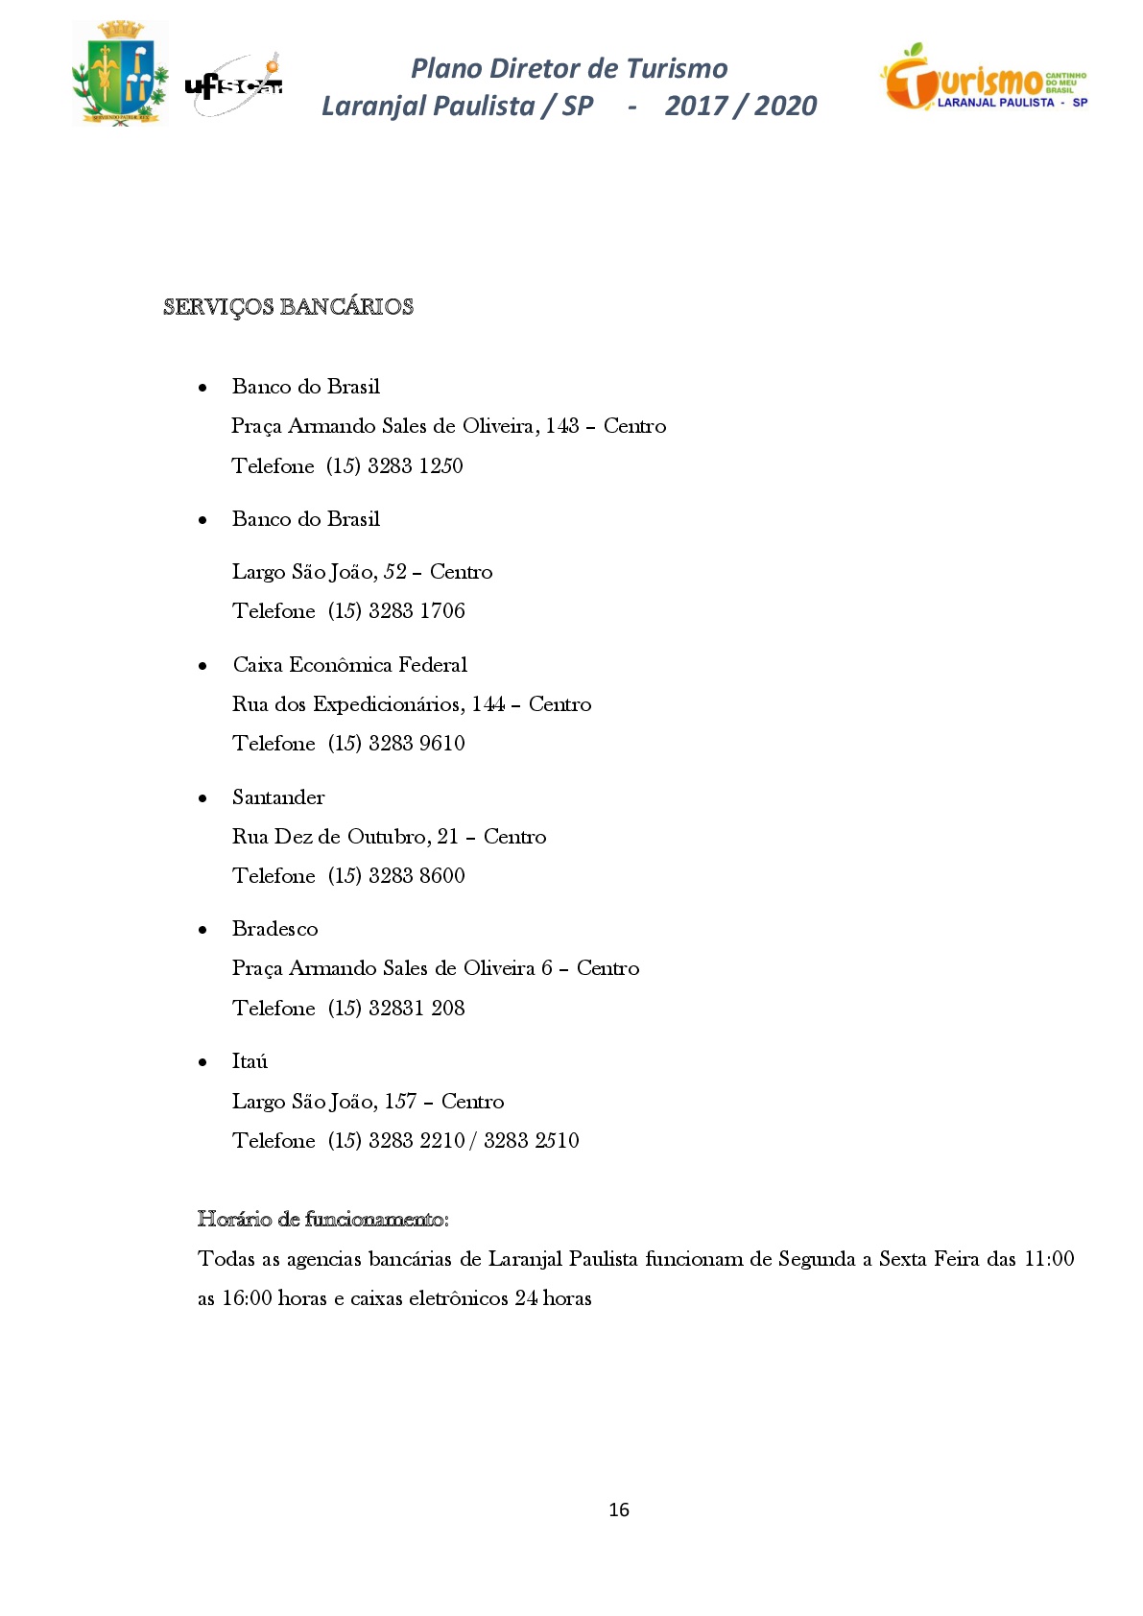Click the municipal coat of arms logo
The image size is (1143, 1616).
[x=120, y=73]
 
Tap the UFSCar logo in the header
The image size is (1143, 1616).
[x=234, y=85]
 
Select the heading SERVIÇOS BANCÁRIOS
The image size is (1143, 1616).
[x=288, y=307]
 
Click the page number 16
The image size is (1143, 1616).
[x=619, y=1509]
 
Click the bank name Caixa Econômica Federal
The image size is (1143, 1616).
[x=350, y=665]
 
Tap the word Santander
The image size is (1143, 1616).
[x=278, y=797]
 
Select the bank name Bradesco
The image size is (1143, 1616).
[x=274, y=929]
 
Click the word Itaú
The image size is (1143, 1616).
[x=250, y=1061]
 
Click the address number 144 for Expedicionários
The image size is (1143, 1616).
[x=488, y=704]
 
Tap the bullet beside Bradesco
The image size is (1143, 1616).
[x=202, y=930]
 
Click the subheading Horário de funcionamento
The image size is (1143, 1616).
[x=322, y=1220]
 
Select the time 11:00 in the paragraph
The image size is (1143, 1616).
[x=1049, y=1259]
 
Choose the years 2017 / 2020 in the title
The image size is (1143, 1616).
[x=741, y=106]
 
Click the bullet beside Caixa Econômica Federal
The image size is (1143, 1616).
[x=202, y=666]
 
